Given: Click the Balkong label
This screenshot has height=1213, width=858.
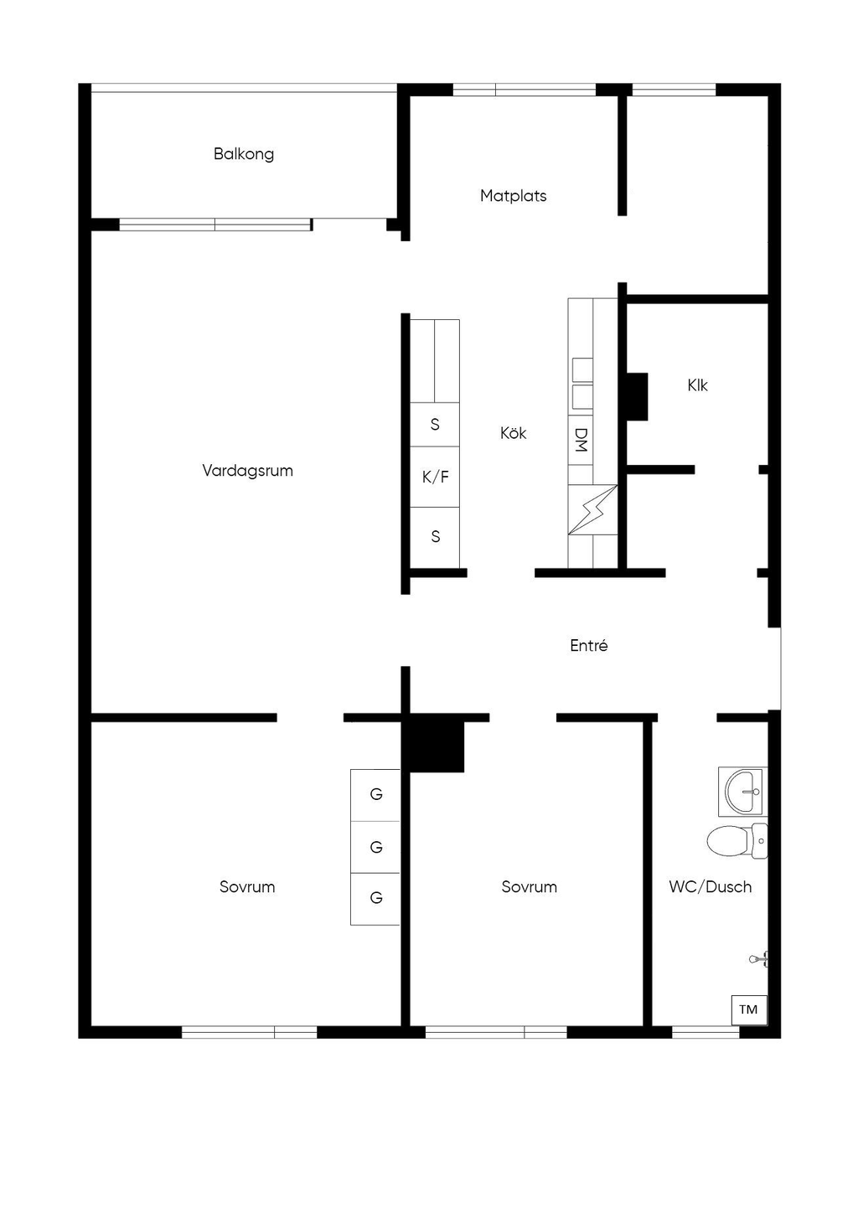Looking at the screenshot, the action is (x=244, y=154).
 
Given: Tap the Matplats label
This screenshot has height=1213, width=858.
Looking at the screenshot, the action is (x=514, y=196).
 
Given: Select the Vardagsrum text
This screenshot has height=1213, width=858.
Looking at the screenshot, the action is (x=247, y=471).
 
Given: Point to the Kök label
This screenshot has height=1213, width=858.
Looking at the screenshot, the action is (x=514, y=433).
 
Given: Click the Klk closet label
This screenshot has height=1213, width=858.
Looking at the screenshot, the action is (x=698, y=385).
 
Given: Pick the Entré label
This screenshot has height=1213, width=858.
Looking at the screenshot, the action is (x=589, y=646).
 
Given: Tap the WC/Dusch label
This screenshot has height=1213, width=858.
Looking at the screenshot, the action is (x=711, y=887).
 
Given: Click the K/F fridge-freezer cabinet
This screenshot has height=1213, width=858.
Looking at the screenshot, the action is (x=435, y=477).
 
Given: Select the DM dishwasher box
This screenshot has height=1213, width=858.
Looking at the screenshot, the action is (x=581, y=441).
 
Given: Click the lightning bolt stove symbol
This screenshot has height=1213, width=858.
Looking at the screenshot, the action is (x=592, y=509).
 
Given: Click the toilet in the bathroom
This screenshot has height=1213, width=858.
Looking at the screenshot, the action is (x=737, y=842).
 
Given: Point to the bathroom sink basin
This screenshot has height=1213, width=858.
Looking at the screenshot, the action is (x=742, y=792).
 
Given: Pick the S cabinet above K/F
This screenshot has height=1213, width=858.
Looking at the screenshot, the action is (x=435, y=425).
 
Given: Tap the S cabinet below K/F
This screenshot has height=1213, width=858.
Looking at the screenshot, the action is (x=435, y=537).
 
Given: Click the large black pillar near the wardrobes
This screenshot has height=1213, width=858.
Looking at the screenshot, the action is (x=437, y=746).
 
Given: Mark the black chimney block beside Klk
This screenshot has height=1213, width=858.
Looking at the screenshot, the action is (x=637, y=396).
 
